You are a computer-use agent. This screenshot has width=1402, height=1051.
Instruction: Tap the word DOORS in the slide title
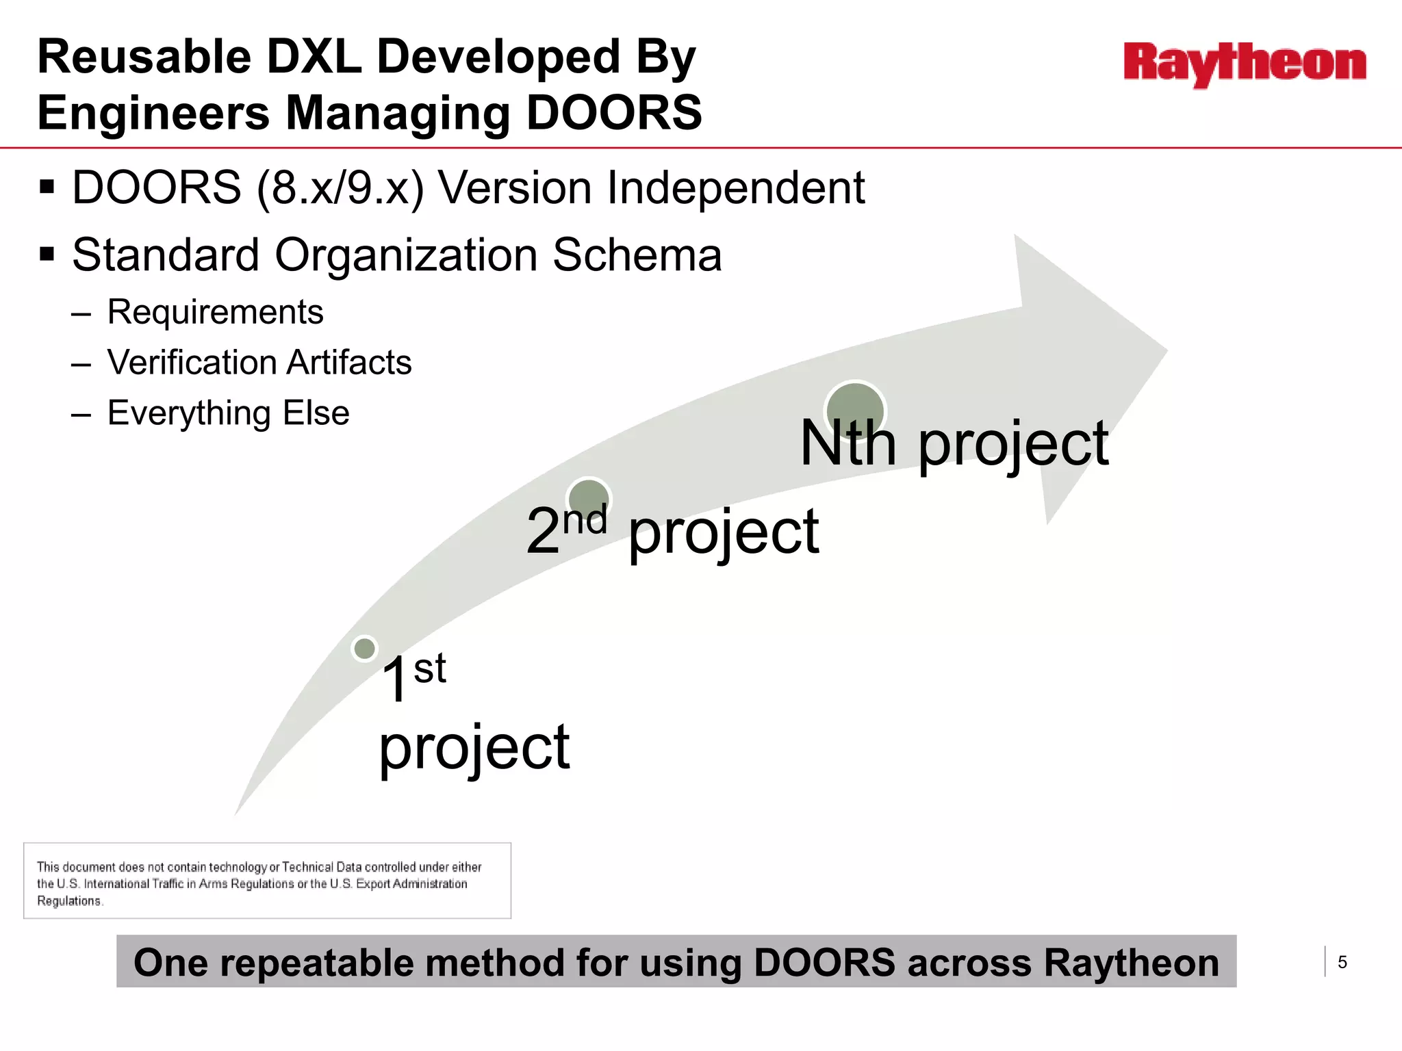pyautogui.click(x=614, y=113)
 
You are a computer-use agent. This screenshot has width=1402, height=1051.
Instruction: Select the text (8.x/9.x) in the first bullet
pyautogui.click(x=340, y=187)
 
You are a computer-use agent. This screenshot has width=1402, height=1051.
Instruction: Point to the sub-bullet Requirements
pyautogui.click(x=215, y=312)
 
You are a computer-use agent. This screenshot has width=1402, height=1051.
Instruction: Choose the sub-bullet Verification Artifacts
pyautogui.click(x=259, y=363)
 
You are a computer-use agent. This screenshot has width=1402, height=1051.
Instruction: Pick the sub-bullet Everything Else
pyautogui.click(x=228, y=413)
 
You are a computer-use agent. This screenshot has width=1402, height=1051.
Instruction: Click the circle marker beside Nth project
pyautogui.click(x=855, y=411)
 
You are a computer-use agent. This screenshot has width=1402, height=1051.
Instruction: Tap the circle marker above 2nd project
pyautogui.click(x=588, y=498)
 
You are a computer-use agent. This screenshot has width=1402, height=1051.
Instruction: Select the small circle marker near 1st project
pyautogui.click(x=364, y=648)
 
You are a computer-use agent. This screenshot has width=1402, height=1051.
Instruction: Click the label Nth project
pyautogui.click(x=954, y=445)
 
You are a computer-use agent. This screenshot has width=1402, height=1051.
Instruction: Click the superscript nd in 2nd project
pyautogui.click(x=585, y=520)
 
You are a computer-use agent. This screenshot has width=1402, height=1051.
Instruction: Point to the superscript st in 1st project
pyautogui.click(x=430, y=669)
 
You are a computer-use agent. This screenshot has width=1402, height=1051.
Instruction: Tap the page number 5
pyautogui.click(x=1342, y=963)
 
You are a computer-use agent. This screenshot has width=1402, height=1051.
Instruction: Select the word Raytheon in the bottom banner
pyautogui.click(x=1131, y=963)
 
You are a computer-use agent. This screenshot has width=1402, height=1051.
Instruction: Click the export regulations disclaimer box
pyautogui.click(x=267, y=881)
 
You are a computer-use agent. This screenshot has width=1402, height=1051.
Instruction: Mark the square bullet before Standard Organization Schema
pyautogui.click(x=47, y=255)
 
